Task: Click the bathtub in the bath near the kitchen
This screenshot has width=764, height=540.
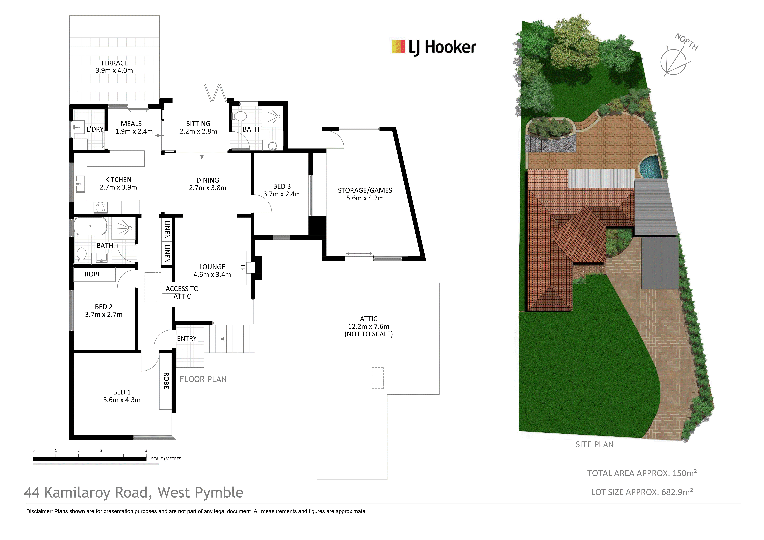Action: (90, 226)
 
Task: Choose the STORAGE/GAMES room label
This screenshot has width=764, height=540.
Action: (365, 190)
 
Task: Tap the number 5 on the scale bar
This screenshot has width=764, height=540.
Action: (146, 450)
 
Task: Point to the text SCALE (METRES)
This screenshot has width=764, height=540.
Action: (167, 459)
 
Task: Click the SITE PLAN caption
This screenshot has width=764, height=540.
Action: (594, 444)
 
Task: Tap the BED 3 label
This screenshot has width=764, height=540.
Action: (282, 186)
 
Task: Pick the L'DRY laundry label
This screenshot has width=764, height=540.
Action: (95, 129)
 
